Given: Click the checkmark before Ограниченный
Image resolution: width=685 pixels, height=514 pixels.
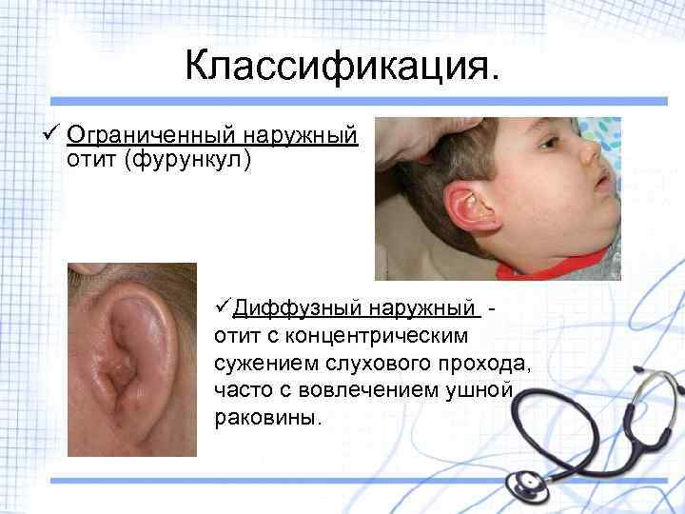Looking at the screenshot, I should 51,134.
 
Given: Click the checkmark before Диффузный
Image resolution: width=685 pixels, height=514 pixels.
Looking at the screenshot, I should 224,307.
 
